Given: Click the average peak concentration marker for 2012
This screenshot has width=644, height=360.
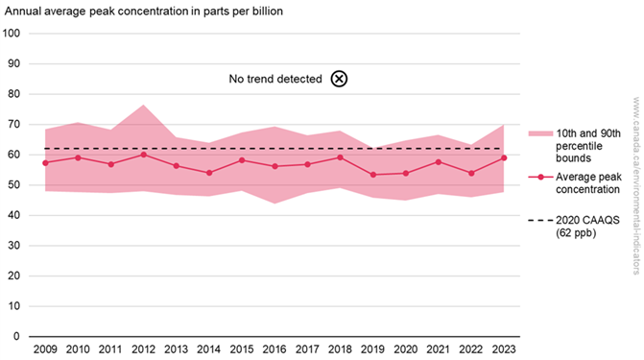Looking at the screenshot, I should tap(143, 154).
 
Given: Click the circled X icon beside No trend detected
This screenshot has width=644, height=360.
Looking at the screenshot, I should tap(339, 79).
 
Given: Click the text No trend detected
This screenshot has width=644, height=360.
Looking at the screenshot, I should tap(274, 79).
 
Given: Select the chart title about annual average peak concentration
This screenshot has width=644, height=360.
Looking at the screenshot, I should tap(145, 12).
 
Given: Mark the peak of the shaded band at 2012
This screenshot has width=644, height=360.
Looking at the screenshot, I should tap(143, 105).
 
